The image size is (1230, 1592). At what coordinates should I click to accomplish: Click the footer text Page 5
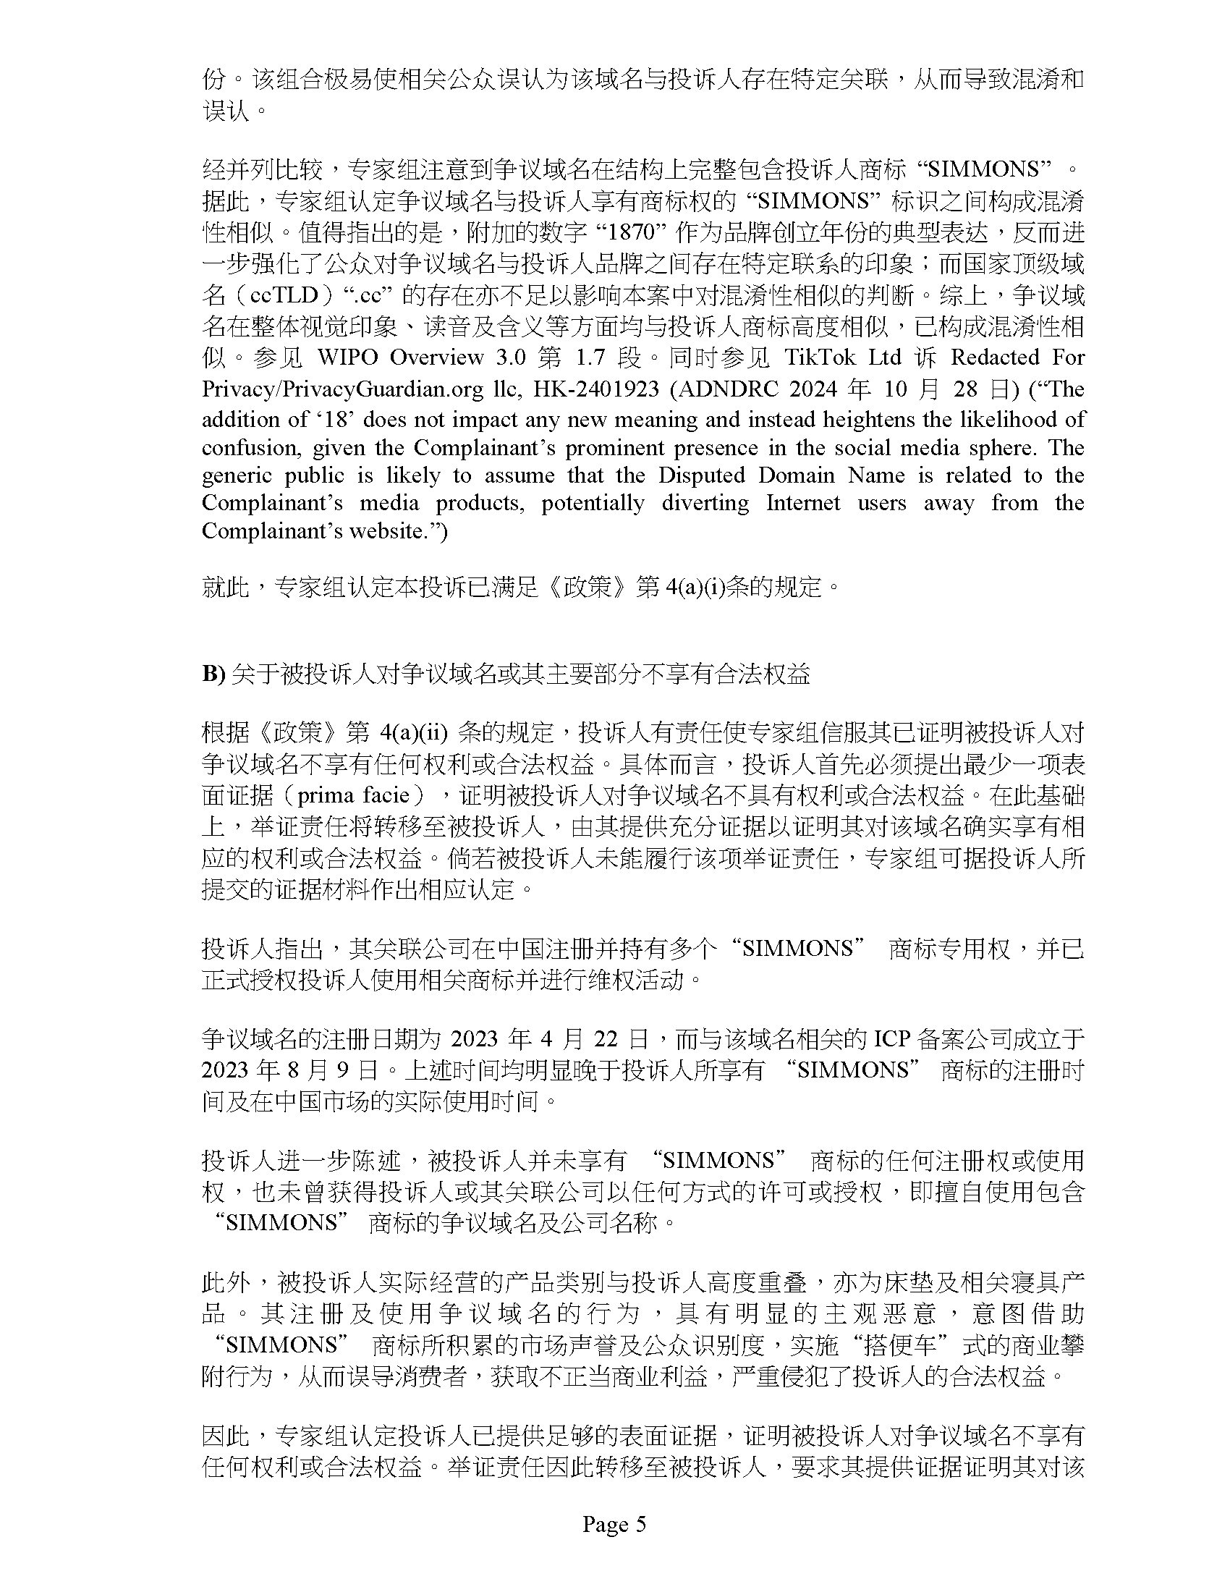click(614, 1524)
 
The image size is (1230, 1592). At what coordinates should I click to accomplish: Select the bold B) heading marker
click(213, 674)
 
